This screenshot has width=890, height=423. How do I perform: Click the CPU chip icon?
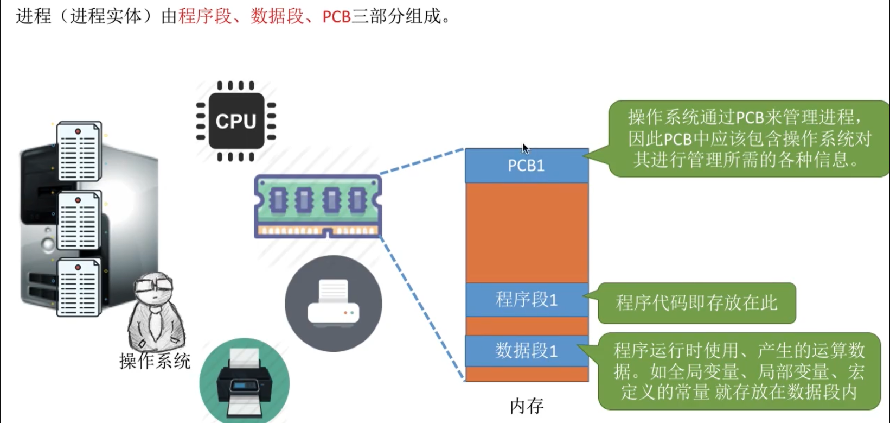pos(236,121)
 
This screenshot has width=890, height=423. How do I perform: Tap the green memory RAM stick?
pos(318,206)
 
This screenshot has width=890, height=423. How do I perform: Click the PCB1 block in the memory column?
pos(526,166)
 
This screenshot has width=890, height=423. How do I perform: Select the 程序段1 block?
pos(526,300)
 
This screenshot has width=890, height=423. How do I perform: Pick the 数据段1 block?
pos(526,351)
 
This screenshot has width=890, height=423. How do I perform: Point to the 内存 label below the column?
pos(526,406)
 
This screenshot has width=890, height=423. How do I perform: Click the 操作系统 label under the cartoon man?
pos(155,361)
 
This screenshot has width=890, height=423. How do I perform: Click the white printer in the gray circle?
pos(333,304)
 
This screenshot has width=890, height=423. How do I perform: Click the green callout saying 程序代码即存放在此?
pos(697,303)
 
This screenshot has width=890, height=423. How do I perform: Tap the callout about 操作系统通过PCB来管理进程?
pos(748,138)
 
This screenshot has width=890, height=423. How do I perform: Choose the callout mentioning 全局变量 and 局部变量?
pos(739,371)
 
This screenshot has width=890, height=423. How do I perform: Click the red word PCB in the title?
pos(336,17)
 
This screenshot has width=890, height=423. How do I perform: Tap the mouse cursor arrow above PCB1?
pos(525,148)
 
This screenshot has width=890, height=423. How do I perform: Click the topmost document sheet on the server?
pos(79,151)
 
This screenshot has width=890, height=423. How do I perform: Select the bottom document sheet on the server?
pos(79,288)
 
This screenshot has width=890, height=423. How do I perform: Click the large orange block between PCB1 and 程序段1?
pos(526,232)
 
